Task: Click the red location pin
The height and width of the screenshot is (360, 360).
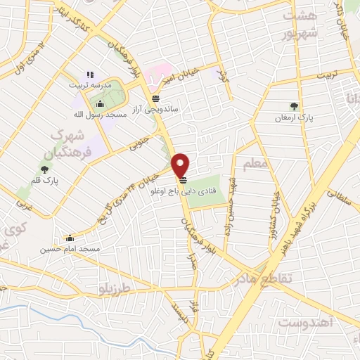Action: [181, 165]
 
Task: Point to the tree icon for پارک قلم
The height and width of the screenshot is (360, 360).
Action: [45, 169]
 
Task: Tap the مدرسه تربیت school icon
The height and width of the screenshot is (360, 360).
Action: [89, 74]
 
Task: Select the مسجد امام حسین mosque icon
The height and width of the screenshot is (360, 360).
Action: [69, 238]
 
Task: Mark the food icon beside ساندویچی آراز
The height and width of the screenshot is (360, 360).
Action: [155, 98]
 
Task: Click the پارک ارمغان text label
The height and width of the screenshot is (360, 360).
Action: [293, 118]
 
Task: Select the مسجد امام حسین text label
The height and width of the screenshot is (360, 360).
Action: [70, 249]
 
